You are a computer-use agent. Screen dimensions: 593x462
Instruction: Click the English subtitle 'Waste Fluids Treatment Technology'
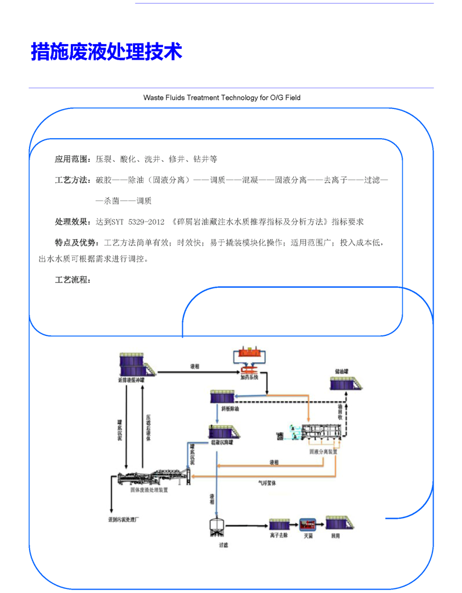click(222, 97)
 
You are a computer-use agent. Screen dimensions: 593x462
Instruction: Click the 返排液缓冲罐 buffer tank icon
click(135, 366)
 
